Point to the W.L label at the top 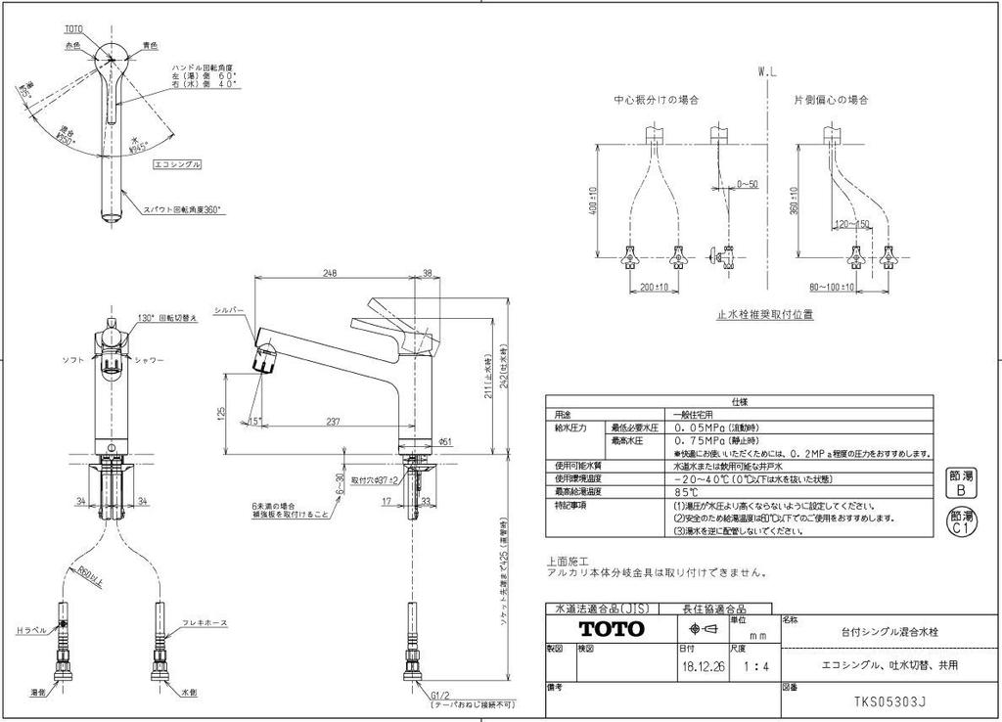pos(767,72)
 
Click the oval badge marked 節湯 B pos(961,482)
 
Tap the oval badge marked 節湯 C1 pos(961,522)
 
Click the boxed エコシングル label pos(177,165)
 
